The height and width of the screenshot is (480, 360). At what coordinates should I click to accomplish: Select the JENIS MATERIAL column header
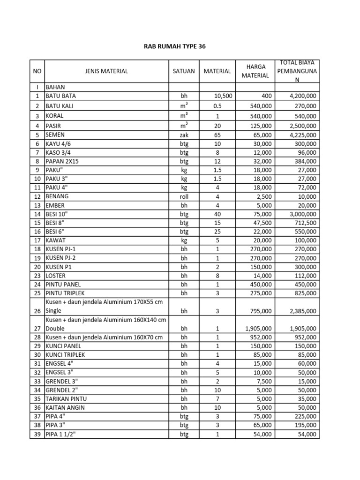(106, 71)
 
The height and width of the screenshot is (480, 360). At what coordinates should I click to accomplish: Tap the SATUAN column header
(184, 71)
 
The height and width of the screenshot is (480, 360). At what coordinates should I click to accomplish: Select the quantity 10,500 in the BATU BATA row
(223, 96)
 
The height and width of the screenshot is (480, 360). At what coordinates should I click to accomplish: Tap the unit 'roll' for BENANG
(184, 197)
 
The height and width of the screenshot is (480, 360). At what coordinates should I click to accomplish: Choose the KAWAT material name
(56, 240)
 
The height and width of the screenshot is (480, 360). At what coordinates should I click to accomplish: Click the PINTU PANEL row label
(63, 285)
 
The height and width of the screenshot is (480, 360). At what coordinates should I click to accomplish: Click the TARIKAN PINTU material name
(66, 399)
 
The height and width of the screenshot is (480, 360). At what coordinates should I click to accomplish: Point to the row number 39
(37, 435)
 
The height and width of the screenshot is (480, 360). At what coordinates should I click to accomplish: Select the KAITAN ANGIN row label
(65, 408)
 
